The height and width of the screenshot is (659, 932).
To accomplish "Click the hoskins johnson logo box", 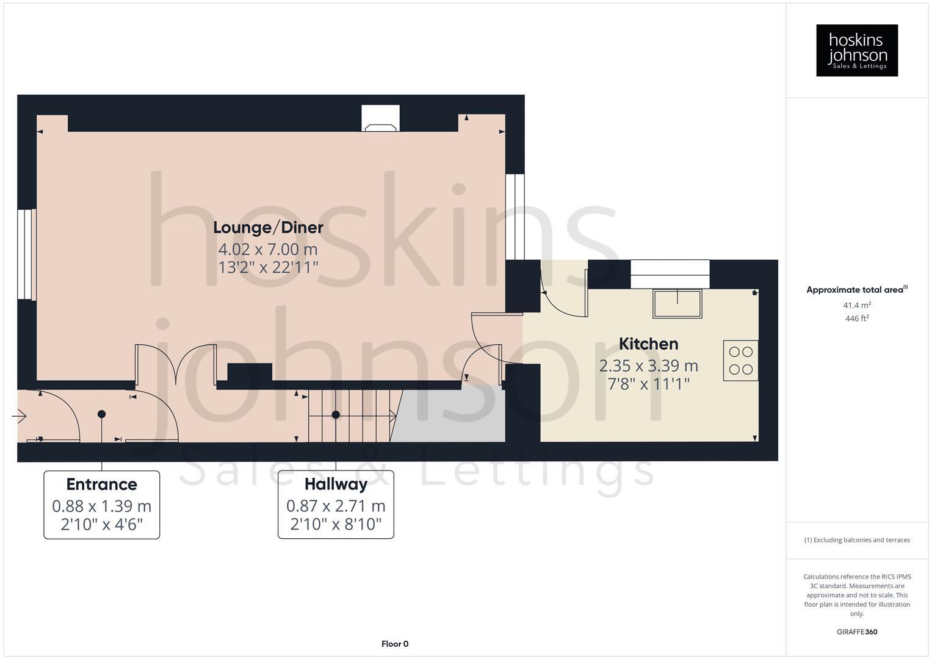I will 856,50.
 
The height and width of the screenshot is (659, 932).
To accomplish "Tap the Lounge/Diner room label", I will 268,228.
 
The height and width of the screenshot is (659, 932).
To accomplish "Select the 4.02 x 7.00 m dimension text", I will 268,249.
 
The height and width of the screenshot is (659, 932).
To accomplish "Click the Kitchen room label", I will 648,344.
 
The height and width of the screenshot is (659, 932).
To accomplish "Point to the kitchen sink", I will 677,303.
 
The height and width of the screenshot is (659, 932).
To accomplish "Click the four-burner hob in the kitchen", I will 740,361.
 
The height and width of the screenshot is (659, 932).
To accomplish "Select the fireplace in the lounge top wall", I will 380,119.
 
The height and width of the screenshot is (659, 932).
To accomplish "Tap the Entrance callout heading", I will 101,484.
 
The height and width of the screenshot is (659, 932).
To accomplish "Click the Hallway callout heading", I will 336,484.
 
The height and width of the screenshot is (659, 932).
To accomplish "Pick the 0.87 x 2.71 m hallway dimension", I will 336,506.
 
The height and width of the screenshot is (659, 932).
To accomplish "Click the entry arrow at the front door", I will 19,417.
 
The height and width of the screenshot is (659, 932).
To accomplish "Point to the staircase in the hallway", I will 351,415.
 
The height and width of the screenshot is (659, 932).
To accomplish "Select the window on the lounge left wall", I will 26,254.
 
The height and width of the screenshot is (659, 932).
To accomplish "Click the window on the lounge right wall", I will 515,217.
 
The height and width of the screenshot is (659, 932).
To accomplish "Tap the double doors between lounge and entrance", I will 175,366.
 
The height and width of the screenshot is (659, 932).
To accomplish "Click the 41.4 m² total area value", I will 856,305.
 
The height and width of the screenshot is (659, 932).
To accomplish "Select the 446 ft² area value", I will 856,319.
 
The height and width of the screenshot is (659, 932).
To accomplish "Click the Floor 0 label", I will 394,644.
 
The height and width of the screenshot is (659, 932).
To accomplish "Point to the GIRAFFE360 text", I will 856,632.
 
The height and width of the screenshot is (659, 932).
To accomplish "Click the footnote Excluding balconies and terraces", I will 856,540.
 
